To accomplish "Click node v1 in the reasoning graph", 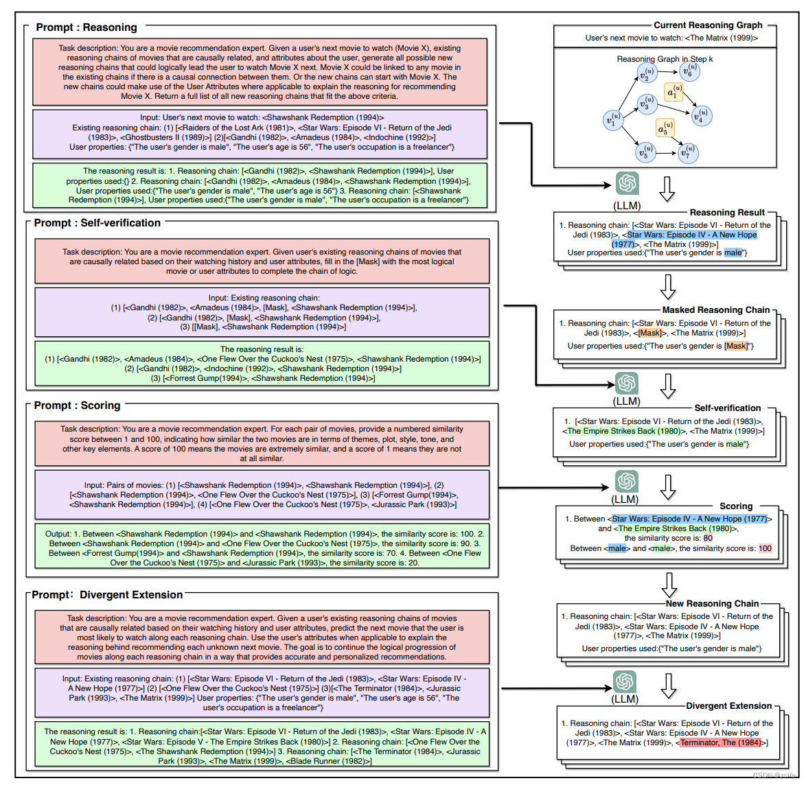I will coord(612,119).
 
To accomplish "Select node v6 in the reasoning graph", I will coord(689,70).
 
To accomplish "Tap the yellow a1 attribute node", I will coord(673,92).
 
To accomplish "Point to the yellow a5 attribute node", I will coord(664,128).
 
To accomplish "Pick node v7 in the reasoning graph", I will coord(688,152).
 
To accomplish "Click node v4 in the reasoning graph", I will coord(700,116).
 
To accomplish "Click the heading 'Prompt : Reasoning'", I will coord(87,27).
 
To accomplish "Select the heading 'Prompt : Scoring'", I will coord(77,406).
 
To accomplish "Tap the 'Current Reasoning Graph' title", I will coord(707,25).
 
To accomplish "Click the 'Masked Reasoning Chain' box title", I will coord(715,310).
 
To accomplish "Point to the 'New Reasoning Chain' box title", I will coord(712,604).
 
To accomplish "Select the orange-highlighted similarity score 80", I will coord(708,539).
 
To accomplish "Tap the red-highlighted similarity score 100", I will coord(765,548).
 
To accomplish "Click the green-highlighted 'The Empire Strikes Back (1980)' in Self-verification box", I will coord(624,431).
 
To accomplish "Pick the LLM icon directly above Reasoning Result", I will coord(626,184).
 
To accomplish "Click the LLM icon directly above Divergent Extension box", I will coord(625,682).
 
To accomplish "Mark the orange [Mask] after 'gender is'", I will coord(736,346).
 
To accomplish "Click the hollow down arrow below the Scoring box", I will coord(667,585).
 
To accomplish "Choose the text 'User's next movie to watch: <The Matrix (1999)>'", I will coord(671,38).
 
